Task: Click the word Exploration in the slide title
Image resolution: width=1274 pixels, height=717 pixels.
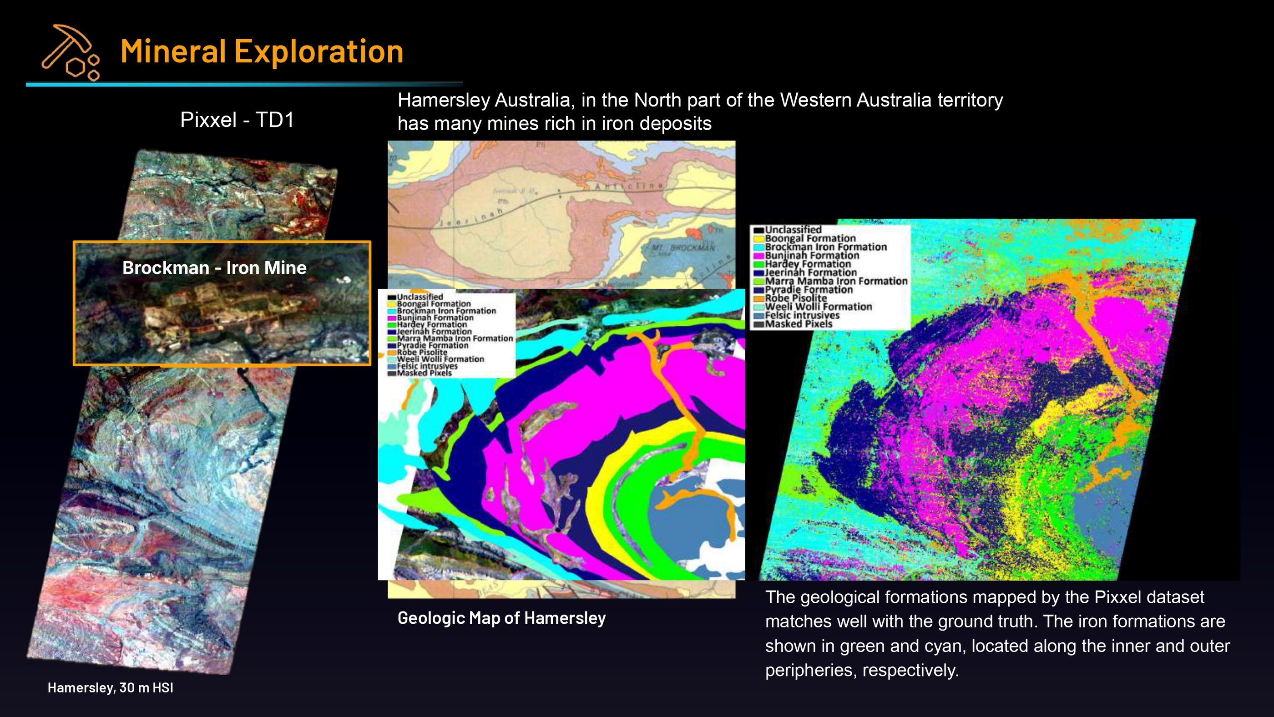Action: point(318,51)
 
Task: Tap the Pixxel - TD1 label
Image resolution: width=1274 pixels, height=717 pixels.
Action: point(237,120)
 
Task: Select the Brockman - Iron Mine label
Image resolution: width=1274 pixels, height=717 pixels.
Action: point(214,268)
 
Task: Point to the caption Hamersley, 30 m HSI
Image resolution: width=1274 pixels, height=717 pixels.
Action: point(110,687)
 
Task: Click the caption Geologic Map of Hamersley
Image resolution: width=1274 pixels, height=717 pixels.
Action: point(501,618)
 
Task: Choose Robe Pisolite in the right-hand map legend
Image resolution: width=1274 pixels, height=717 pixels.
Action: point(796,298)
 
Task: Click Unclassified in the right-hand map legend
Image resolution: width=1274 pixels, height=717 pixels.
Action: point(793,230)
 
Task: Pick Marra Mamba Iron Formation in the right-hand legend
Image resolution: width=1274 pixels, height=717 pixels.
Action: point(836,281)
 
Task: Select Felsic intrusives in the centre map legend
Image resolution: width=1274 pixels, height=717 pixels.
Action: point(427,366)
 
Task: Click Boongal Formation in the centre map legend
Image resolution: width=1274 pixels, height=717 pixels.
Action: point(434,303)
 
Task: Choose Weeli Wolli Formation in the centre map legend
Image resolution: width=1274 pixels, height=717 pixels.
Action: point(440,359)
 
